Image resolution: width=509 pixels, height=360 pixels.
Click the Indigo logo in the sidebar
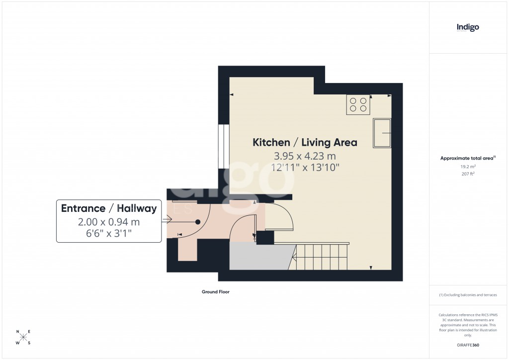(x=468, y=27)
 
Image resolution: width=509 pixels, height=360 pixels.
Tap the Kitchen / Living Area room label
(x=305, y=143)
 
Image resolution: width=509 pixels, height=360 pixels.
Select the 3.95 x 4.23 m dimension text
(x=305, y=156)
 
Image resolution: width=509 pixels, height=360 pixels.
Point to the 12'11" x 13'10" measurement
(x=305, y=168)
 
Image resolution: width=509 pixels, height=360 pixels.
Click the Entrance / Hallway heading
(x=109, y=208)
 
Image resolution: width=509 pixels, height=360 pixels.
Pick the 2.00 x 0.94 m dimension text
(x=109, y=221)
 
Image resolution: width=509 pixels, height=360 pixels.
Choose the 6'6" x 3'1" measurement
(x=109, y=233)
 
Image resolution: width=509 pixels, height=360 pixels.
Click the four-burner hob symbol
(x=358, y=104)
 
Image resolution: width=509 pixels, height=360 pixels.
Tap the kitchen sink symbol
(x=382, y=133)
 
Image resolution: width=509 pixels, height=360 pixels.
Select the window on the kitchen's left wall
(x=224, y=147)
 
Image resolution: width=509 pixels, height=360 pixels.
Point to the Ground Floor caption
(x=215, y=292)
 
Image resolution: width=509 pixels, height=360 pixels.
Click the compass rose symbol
(x=24, y=337)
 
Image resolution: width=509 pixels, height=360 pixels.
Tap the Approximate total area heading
(x=468, y=158)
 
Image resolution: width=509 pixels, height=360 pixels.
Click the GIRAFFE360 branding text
(x=468, y=345)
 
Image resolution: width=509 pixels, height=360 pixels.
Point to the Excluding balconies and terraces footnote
(x=468, y=295)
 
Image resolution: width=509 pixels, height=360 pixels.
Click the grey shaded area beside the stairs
(x=258, y=257)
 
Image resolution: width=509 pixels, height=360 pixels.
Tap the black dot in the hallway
(x=198, y=222)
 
